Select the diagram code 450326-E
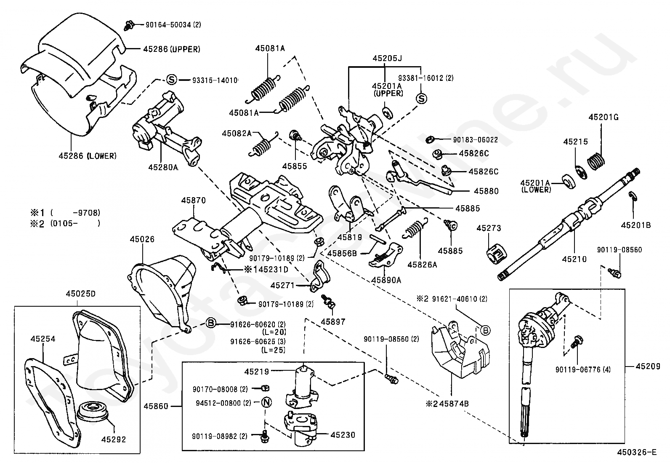point(636,452)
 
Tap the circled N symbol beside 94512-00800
point(266,403)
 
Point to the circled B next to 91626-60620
point(211,324)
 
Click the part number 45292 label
point(113,439)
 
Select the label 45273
point(489,228)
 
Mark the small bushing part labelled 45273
point(497,254)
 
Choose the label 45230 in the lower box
point(343,435)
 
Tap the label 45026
point(142,239)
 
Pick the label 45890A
point(386,280)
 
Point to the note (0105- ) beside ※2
point(75,224)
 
